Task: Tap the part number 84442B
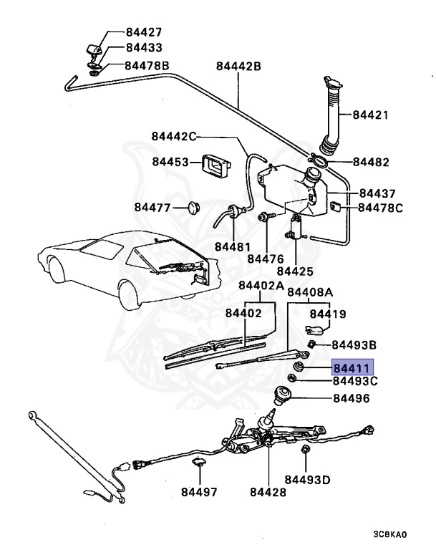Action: coord(238,67)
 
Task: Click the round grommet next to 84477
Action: coord(191,208)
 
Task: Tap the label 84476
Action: coord(266,258)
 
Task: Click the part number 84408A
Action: coord(310,292)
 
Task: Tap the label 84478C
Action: coord(381,208)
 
